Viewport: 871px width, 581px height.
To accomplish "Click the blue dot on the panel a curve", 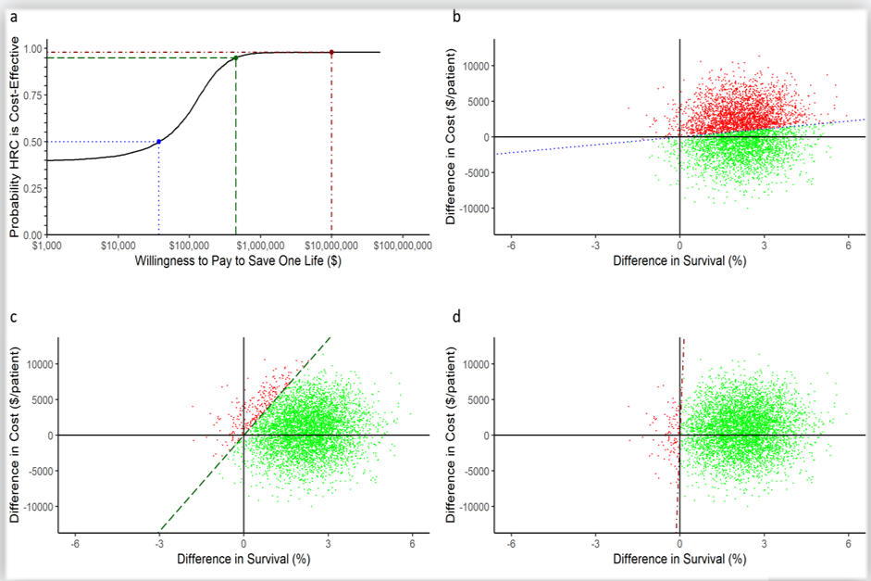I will click(x=159, y=142).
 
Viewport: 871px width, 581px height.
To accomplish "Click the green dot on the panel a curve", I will click(x=236, y=57).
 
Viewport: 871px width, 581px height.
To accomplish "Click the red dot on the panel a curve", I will click(x=331, y=52).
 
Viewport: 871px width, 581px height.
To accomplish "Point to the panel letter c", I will click(x=14, y=317).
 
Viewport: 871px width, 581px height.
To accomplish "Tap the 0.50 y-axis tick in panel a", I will click(x=31, y=142).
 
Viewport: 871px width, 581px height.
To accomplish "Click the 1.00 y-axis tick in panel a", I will click(x=31, y=49).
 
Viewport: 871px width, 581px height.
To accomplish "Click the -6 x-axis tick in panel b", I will click(x=510, y=246).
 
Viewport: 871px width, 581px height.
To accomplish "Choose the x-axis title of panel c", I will click(x=243, y=560).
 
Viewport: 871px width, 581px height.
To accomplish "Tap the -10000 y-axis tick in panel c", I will click(x=36, y=507).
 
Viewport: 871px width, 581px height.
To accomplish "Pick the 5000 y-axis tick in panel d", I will click(x=478, y=400).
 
